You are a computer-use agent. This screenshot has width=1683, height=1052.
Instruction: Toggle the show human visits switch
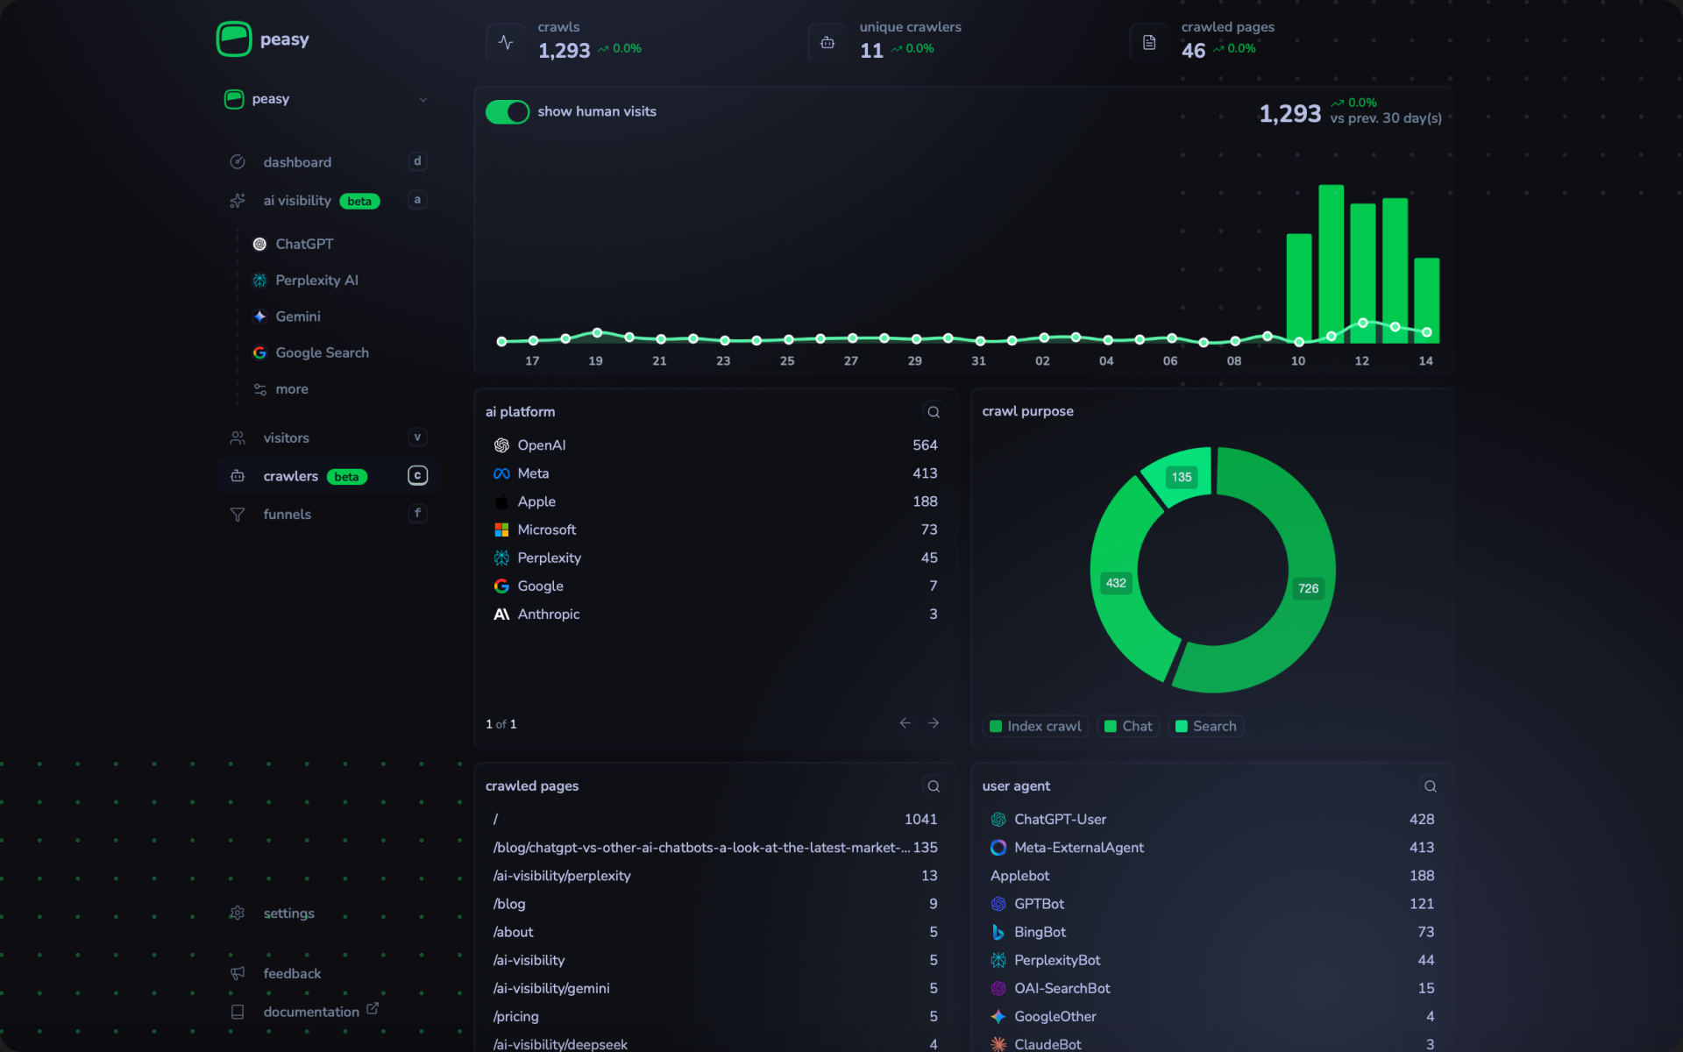click(507, 112)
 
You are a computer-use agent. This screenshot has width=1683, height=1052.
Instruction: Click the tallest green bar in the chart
click(1331, 263)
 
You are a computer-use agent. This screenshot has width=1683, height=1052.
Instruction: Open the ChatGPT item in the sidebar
click(303, 244)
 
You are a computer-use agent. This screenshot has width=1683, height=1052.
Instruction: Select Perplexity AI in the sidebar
click(316, 281)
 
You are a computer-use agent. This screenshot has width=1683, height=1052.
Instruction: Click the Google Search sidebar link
click(321, 352)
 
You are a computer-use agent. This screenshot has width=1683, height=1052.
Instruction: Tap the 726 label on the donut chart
click(1308, 588)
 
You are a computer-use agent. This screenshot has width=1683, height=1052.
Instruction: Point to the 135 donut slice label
click(1181, 477)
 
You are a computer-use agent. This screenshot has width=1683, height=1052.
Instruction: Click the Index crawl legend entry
click(1035, 726)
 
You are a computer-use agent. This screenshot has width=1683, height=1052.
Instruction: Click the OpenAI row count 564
click(924, 445)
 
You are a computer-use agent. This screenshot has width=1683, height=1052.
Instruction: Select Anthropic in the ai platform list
click(548, 615)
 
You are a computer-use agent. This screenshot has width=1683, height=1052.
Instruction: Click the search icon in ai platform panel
click(934, 412)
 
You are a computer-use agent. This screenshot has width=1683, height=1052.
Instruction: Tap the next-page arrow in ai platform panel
click(934, 723)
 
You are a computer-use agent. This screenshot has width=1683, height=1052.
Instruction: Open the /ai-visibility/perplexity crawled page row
click(561, 876)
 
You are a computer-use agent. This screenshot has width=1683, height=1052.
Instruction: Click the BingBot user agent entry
click(1039, 932)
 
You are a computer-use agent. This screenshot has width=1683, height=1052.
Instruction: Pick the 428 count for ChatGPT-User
click(1421, 819)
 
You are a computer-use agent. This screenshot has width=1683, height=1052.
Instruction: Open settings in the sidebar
click(288, 913)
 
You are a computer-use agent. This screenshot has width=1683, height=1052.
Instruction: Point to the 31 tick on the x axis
click(978, 361)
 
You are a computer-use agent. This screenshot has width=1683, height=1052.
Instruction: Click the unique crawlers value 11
click(871, 51)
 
